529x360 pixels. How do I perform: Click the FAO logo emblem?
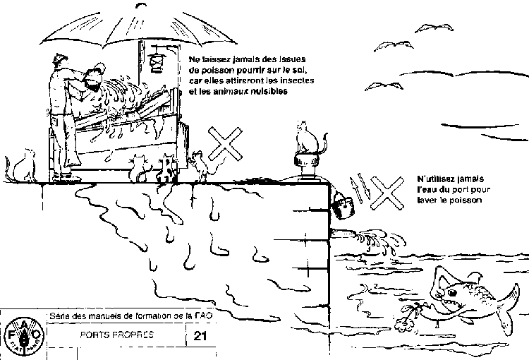point(20,332)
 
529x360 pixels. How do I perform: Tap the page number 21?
point(200,337)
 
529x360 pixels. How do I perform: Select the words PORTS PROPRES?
point(117,335)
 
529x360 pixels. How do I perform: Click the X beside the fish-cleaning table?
point(225,146)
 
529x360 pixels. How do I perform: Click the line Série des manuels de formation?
point(130,315)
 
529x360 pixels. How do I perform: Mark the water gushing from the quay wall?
point(374,239)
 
